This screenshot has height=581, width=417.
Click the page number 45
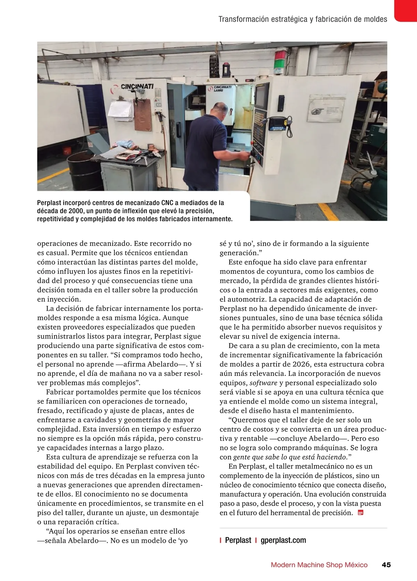386,565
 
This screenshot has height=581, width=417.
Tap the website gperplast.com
283,540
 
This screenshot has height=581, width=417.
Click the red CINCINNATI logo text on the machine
137,86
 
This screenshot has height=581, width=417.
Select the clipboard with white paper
120,109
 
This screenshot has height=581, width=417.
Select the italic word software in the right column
263,383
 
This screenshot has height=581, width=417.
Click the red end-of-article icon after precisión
360,513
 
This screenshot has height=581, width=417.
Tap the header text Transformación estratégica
263,19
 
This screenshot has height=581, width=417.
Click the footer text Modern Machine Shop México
319,565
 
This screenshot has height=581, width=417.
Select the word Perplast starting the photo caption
49,203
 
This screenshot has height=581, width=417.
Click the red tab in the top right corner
406,10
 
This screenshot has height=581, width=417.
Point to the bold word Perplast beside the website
238,540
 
